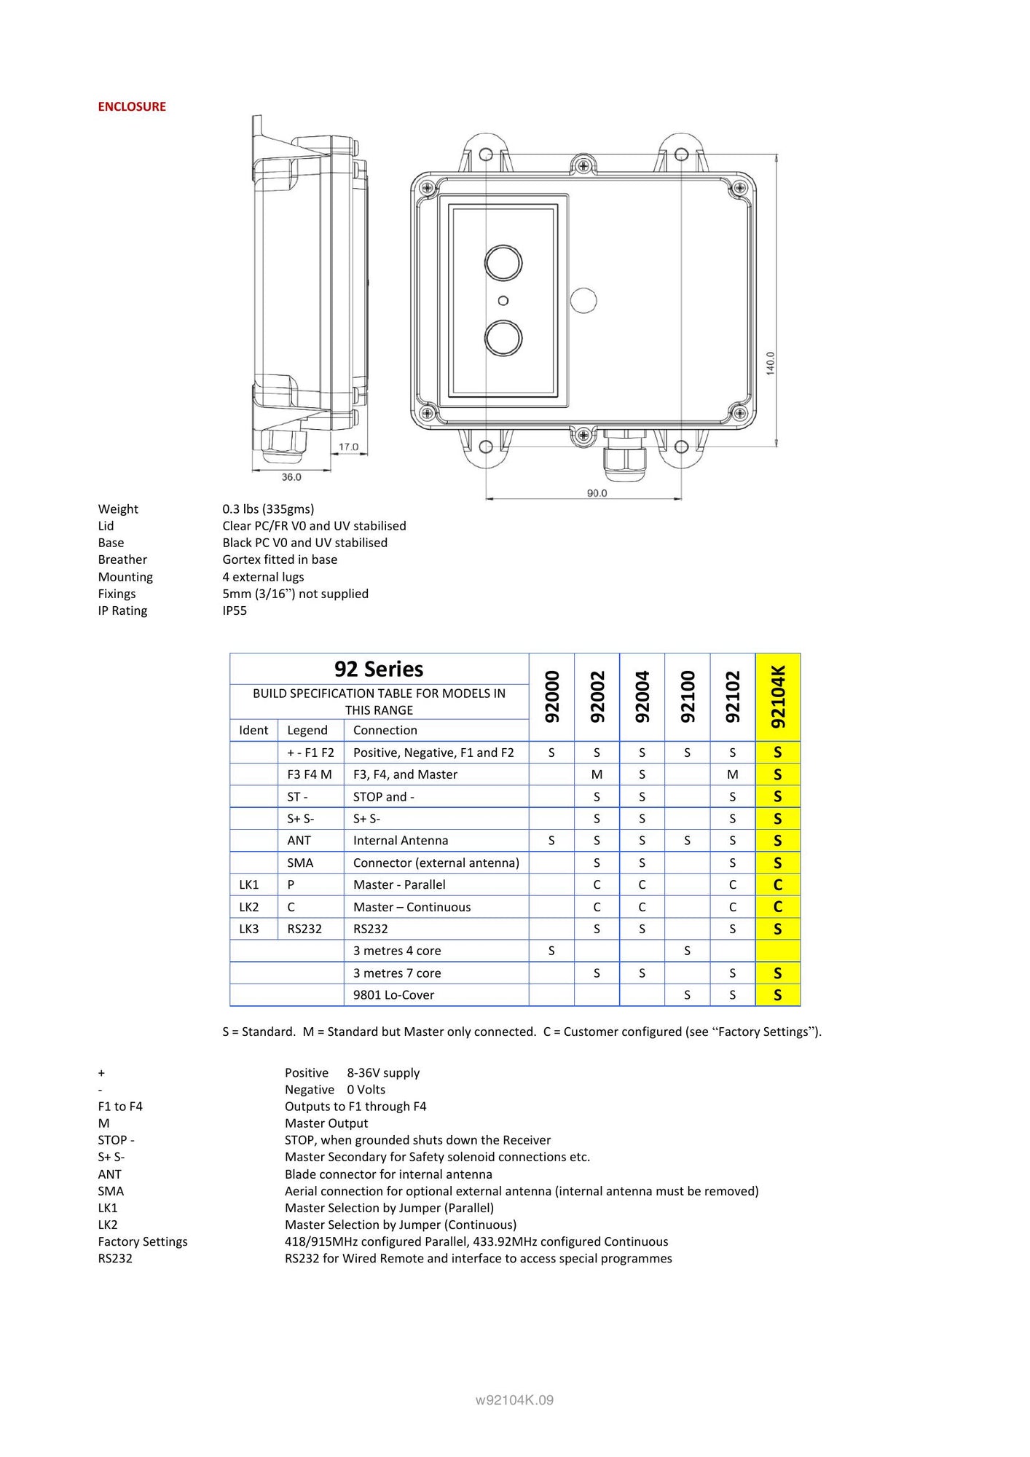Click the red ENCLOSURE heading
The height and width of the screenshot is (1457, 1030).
tap(132, 106)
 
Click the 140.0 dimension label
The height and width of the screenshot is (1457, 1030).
tap(771, 363)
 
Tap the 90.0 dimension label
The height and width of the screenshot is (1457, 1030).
tap(597, 493)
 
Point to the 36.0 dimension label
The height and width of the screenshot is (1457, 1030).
tap(291, 477)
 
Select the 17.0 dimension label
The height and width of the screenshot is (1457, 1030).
tap(348, 447)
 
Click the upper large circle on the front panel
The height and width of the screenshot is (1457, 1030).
tap(503, 262)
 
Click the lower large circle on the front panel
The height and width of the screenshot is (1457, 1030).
tap(503, 337)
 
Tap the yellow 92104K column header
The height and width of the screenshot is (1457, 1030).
tap(778, 696)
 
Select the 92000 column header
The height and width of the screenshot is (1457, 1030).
tap(552, 696)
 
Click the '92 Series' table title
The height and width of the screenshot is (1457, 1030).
tap(379, 669)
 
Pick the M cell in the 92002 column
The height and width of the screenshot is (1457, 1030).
tap(597, 774)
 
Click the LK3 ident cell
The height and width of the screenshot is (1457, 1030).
tap(249, 929)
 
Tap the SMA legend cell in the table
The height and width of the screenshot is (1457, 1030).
tap(300, 863)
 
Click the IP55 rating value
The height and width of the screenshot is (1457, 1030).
tap(235, 610)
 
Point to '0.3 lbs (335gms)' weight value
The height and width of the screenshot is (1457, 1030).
tap(268, 508)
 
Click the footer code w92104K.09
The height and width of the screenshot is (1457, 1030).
tap(514, 1399)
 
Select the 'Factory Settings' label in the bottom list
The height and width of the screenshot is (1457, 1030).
tap(143, 1241)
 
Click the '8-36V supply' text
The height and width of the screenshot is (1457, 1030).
tap(383, 1072)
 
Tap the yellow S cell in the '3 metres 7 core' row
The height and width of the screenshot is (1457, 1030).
tap(778, 973)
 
